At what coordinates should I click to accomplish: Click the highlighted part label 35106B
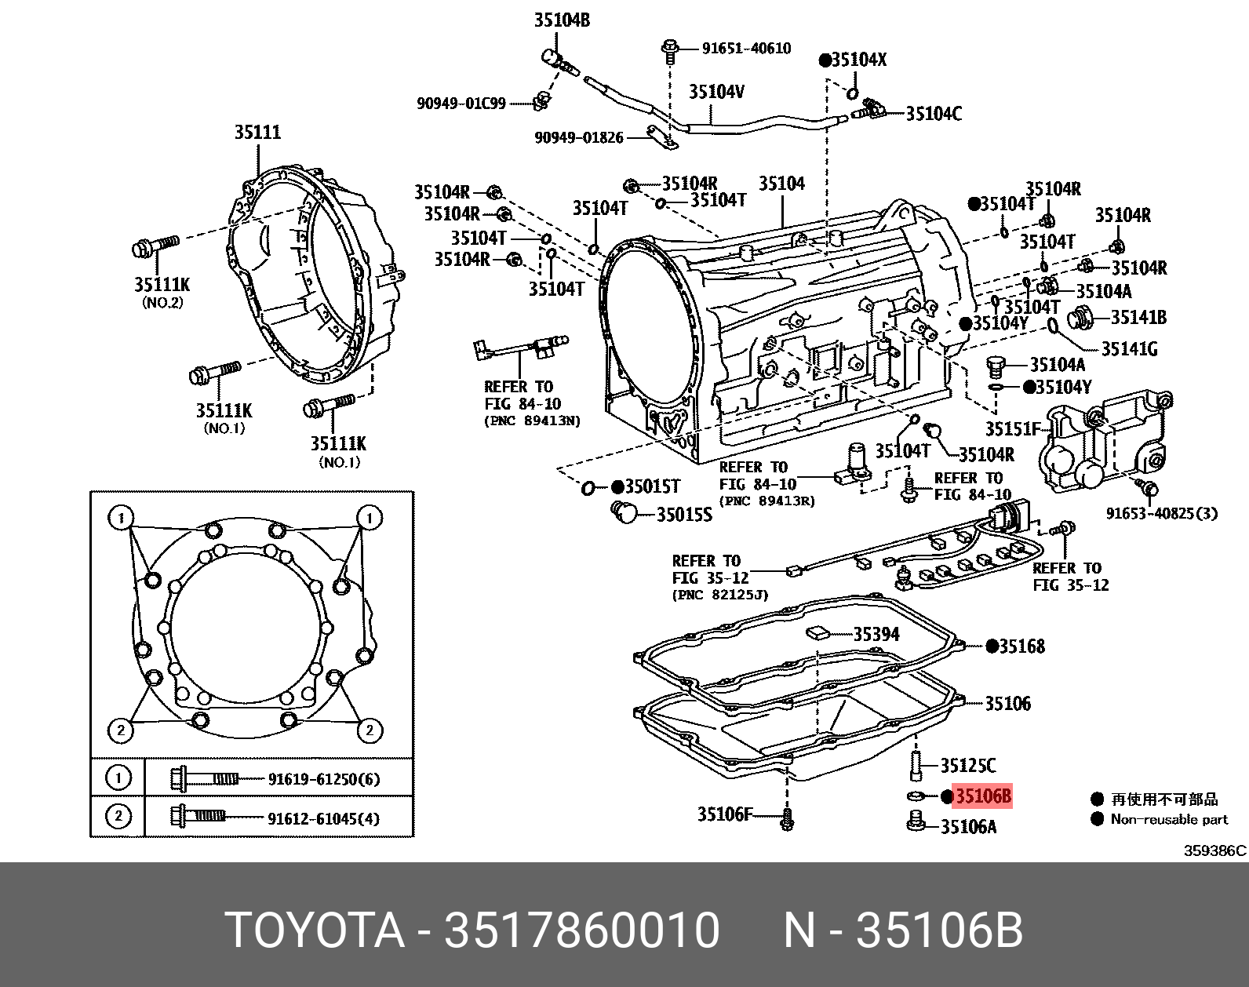[x=982, y=796]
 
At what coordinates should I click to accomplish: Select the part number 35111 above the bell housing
[x=257, y=132]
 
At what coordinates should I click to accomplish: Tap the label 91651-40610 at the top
[x=745, y=49]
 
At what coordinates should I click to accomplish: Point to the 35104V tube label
[x=716, y=93]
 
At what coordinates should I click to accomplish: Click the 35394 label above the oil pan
[x=876, y=634]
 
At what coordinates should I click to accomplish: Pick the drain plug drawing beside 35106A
[x=914, y=822]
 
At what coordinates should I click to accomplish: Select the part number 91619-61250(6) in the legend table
[x=323, y=779]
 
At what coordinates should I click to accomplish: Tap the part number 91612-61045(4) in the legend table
[x=323, y=818]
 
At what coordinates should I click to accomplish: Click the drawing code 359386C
[x=1214, y=850]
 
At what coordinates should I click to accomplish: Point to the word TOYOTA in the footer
[x=315, y=931]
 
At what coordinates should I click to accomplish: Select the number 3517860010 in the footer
[x=581, y=931]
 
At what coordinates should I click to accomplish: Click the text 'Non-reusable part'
[x=1169, y=819]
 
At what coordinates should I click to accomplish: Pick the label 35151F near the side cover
[x=1013, y=429]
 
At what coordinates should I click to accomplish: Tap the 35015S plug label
[x=684, y=515]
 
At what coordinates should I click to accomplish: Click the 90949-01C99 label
[x=461, y=104]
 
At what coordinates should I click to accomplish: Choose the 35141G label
[x=1129, y=349]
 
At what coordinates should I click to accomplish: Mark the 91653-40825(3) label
[x=1161, y=513]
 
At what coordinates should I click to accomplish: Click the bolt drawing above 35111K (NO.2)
[x=156, y=246]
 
